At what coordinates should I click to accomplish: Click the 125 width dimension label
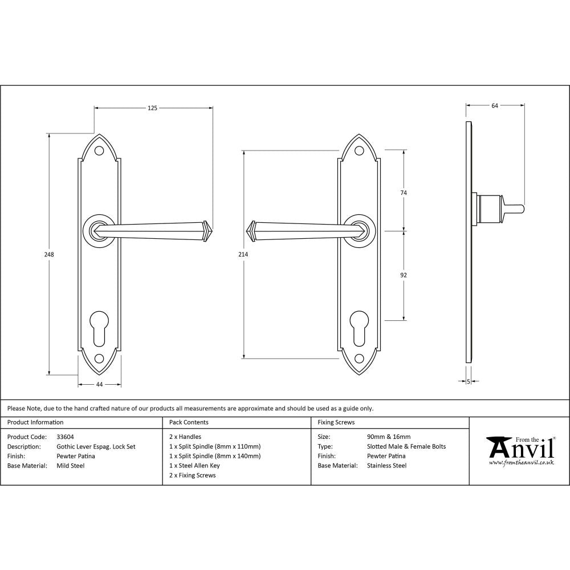[x=153, y=107]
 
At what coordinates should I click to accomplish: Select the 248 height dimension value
[x=50, y=255]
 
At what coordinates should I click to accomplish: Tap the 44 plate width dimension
[x=99, y=385]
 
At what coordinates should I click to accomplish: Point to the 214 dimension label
[x=243, y=255]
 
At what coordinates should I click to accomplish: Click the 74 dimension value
[x=404, y=193]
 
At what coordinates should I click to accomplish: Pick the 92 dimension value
[x=404, y=275]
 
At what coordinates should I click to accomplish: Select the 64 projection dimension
[x=494, y=105]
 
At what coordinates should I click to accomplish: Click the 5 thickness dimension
[x=469, y=381]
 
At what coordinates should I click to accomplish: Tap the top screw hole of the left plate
[x=99, y=151]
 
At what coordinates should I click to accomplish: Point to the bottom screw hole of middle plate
[x=359, y=359]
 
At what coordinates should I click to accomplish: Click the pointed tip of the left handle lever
[x=209, y=230]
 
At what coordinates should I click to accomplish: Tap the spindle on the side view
[x=513, y=208]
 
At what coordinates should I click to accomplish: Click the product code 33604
[x=65, y=437]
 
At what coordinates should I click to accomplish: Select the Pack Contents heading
[x=189, y=422]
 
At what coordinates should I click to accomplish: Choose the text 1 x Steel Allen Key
[x=194, y=466]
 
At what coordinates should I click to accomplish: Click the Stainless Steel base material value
[x=387, y=466]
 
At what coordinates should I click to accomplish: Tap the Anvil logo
[x=519, y=450]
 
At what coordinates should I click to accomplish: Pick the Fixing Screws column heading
[x=336, y=422]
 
